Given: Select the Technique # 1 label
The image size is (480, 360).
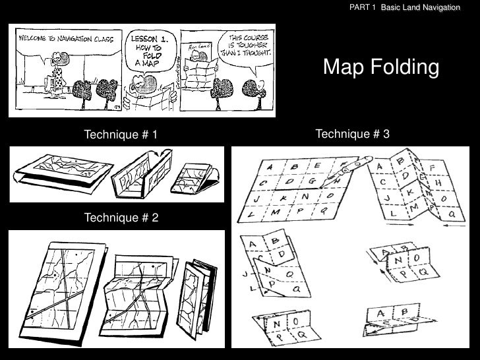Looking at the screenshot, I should point(121,136).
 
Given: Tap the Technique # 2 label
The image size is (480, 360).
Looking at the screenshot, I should point(121,218).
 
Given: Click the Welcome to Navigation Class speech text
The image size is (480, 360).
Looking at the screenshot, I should point(64,39).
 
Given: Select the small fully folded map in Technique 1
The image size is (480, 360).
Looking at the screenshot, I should point(194,177).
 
